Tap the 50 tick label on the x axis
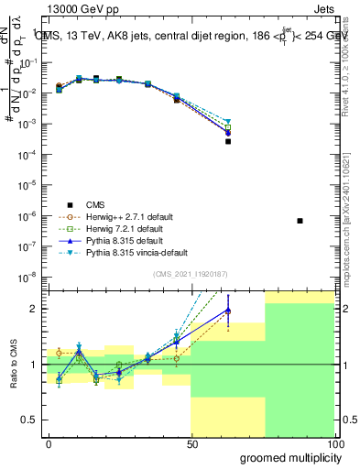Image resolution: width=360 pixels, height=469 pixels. tap(191, 443)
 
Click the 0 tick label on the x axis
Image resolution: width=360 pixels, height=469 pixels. tap(49, 443)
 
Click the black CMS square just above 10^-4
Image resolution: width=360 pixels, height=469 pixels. tap(228, 141)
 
